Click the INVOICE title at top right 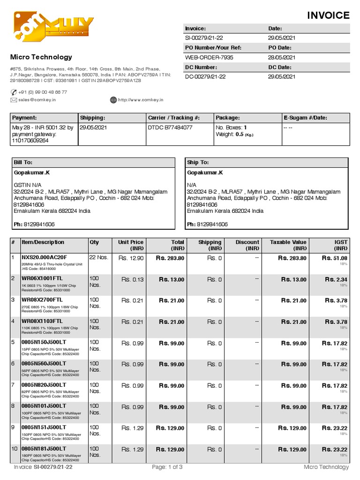[x=328, y=15]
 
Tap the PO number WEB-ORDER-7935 [x=209, y=58]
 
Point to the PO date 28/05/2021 [x=282, y=58]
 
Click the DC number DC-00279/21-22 [x=206, y=77]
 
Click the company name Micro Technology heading [x=41, y=57]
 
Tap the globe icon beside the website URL [x=113, y=100]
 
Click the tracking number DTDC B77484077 [x=170, y=127]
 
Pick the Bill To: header [x=23, y=162]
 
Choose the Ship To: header [x=198, y=162]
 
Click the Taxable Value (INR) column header [x=288, y=245]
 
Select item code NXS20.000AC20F [x=45, y=257]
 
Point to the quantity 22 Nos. [x=98, y=257]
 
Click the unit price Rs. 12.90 [x=131, y=258]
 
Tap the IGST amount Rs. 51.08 [x=334, y=258]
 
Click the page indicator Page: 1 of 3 [x=167, y=467]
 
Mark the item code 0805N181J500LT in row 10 [x=44, y=449]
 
